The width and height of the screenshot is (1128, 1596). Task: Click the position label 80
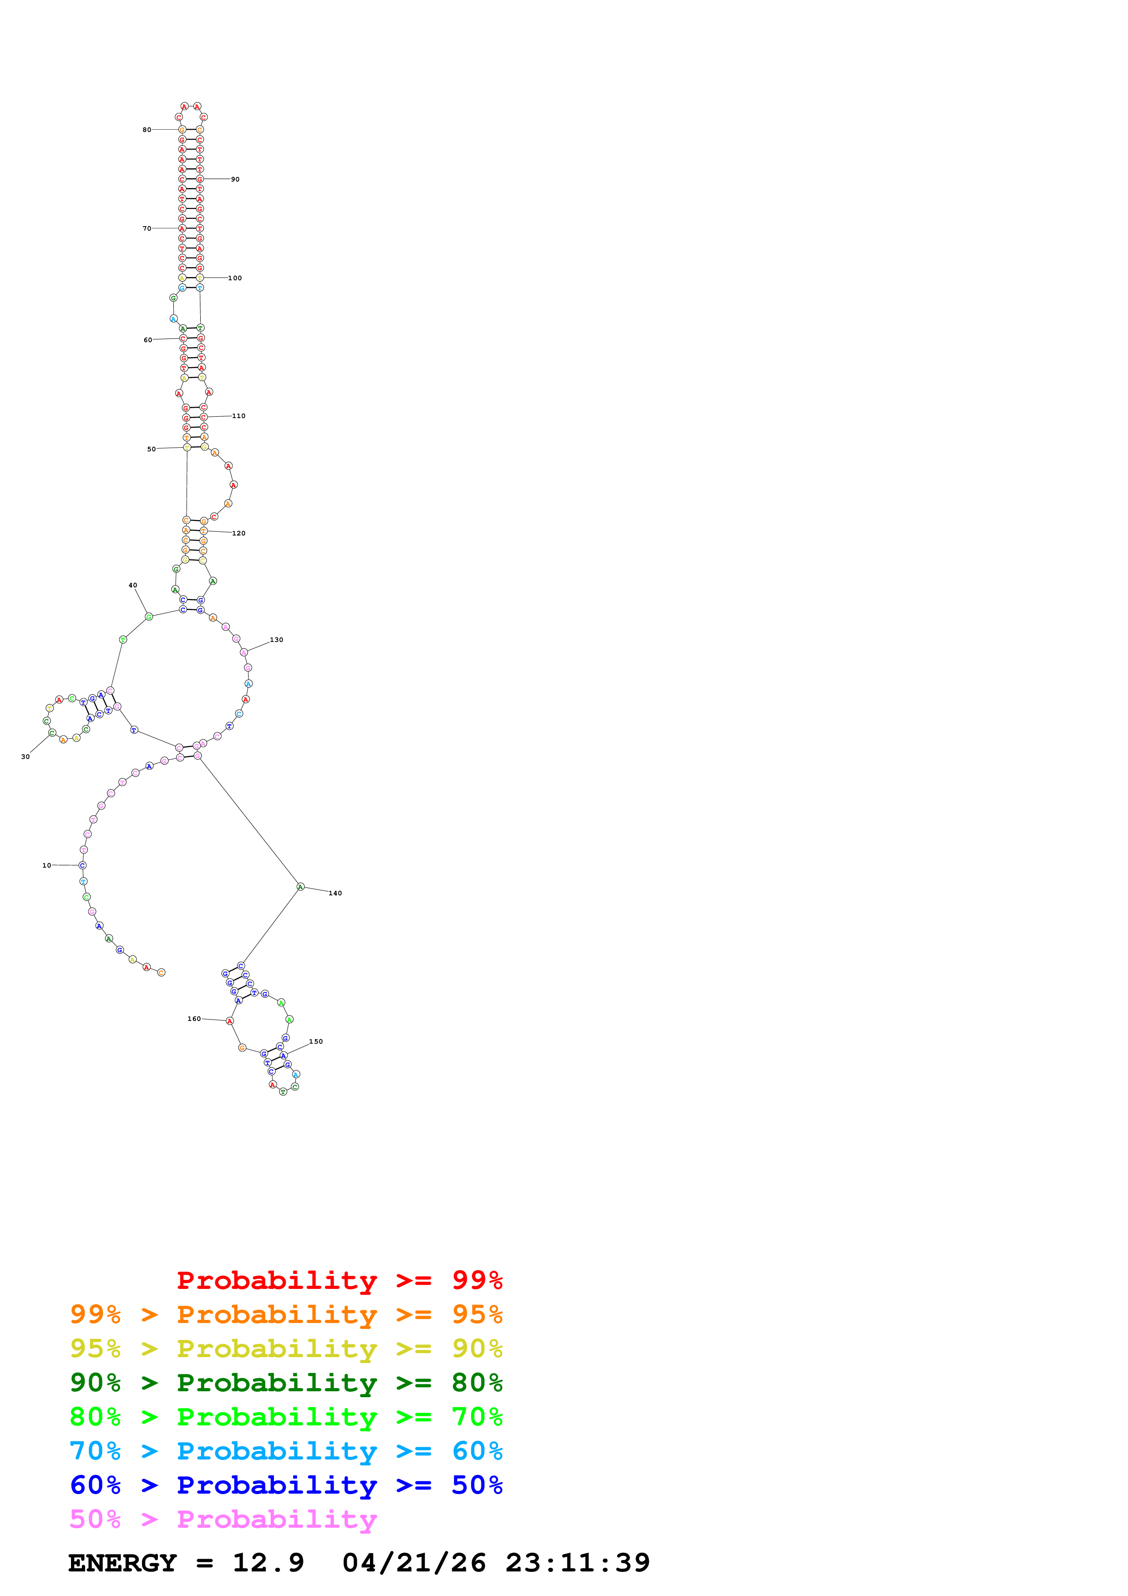(147, 130)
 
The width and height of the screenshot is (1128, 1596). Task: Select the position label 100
(235, 278)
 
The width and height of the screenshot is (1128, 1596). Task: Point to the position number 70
(147, 229)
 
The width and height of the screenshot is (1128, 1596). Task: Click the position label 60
(148, 340)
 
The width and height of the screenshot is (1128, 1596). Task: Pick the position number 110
(238, 416)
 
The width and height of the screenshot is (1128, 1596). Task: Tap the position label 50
(152, 449)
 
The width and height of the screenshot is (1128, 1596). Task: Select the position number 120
(238, 533)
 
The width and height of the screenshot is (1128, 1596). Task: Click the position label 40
(133, 585)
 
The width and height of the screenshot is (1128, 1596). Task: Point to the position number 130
(277, 640)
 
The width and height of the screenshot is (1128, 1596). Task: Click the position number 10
(46, 865)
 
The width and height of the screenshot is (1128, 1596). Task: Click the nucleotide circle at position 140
(300, 887)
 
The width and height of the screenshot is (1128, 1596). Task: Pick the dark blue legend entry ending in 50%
(286, 1485)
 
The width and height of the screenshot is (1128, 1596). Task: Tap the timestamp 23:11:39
(577, 1563)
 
